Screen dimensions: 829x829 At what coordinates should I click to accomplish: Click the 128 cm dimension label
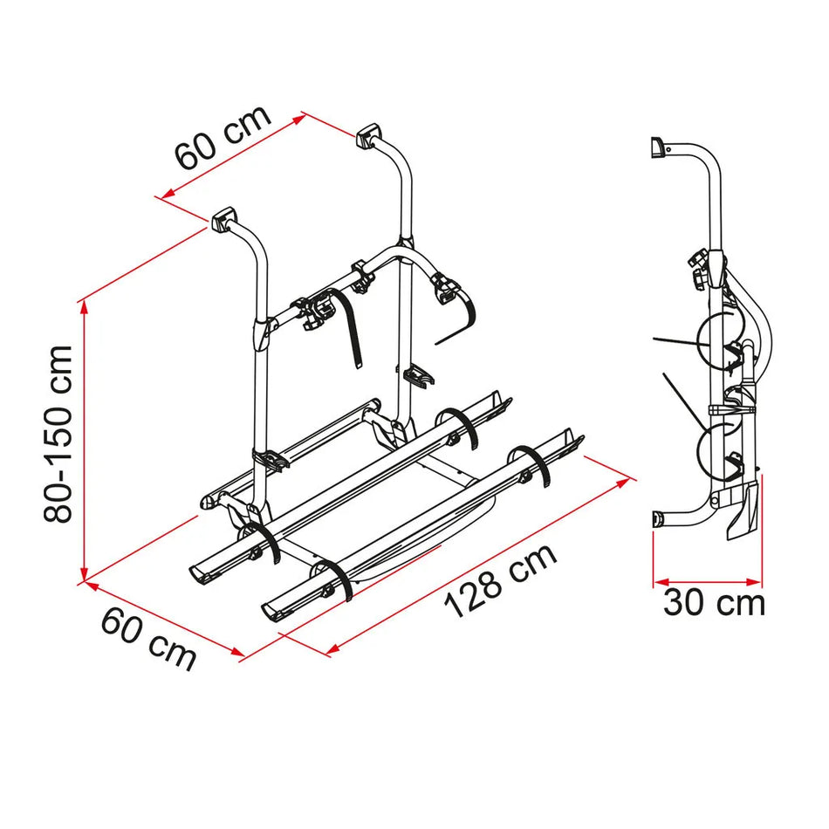(500, 581)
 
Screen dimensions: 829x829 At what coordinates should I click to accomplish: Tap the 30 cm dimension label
(713, 603)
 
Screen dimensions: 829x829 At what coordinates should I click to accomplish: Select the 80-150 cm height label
(59, 434)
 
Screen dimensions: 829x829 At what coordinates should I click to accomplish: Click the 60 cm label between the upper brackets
(223, 138)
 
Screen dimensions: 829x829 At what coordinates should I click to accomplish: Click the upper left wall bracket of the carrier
(223, 216)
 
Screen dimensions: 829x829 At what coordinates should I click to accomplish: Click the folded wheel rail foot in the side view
(744, 515)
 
